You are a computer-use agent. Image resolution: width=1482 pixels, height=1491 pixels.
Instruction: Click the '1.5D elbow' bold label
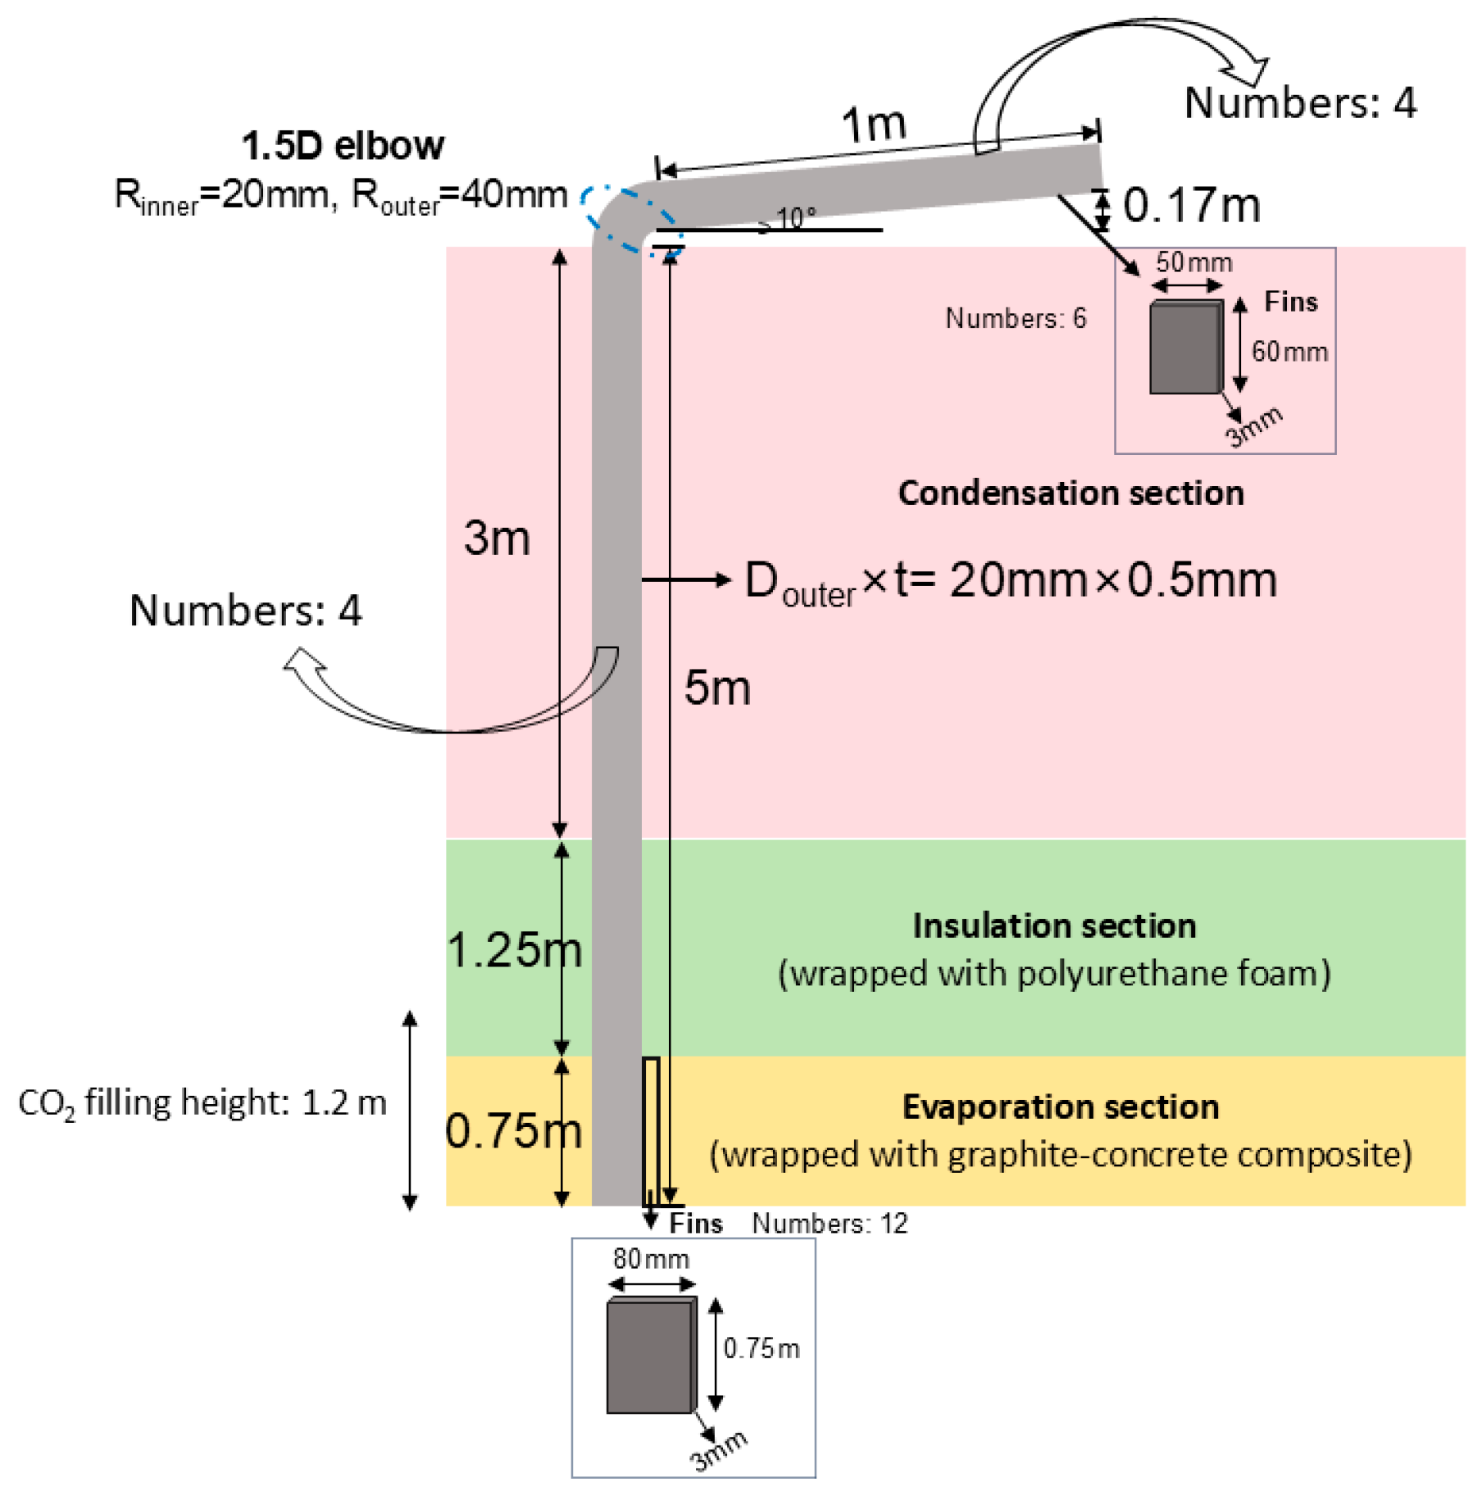[x=343, y=146]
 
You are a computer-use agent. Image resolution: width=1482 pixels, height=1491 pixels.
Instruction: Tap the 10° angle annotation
[x=796, y=217]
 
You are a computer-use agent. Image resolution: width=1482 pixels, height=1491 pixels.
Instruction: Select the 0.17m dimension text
[x=1191, y=205]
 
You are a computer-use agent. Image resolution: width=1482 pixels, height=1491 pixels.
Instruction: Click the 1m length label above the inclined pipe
[x=874, y=125]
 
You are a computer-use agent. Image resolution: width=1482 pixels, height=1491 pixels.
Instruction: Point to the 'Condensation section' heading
[x=1071, y=493]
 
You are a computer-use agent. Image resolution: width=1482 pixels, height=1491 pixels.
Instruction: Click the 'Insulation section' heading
[x=1054, y=925]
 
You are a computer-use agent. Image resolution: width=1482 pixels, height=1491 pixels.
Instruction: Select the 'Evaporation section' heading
[x=1061, y=1107]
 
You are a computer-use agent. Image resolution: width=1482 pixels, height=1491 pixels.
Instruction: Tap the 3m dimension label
[x=497, y=539]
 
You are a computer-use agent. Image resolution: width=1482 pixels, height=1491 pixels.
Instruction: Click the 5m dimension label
[x=717, y=688]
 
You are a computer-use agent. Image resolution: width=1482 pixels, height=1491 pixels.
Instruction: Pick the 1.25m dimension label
[x=514, y=950]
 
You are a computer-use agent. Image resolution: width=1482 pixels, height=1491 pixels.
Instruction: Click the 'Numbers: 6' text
[x=1016, y=318]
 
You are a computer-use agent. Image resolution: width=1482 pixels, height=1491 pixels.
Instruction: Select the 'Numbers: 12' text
[x=830, y=1223]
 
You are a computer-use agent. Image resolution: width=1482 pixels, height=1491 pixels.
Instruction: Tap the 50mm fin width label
[x=1193, y=262]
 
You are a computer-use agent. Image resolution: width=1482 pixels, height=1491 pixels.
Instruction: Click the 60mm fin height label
[x=1289, y=352]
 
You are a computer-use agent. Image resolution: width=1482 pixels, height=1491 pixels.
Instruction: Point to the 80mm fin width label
[x=651, y=1258]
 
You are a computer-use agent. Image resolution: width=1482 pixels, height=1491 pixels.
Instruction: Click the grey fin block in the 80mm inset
[x=650, y=1357]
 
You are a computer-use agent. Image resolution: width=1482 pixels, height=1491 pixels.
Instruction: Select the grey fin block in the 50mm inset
[x=1184, y=348]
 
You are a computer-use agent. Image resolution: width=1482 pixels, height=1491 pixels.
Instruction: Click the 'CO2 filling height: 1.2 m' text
[x=202, y=1103]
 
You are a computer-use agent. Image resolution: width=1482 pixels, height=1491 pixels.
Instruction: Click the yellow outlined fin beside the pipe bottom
[x=651, y=1131]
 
